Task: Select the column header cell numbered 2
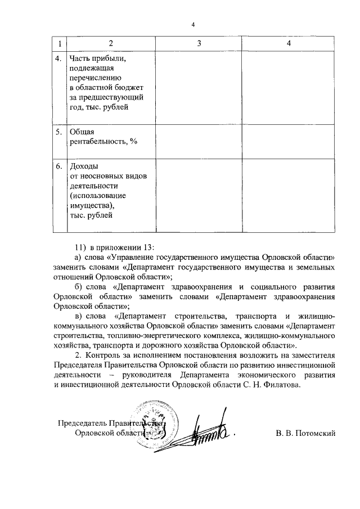click(x=110, y=43)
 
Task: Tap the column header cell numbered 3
click(x=199, y=43)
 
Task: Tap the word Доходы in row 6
click(x=83, y=168)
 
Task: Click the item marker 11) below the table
click(x=82, y=248)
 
